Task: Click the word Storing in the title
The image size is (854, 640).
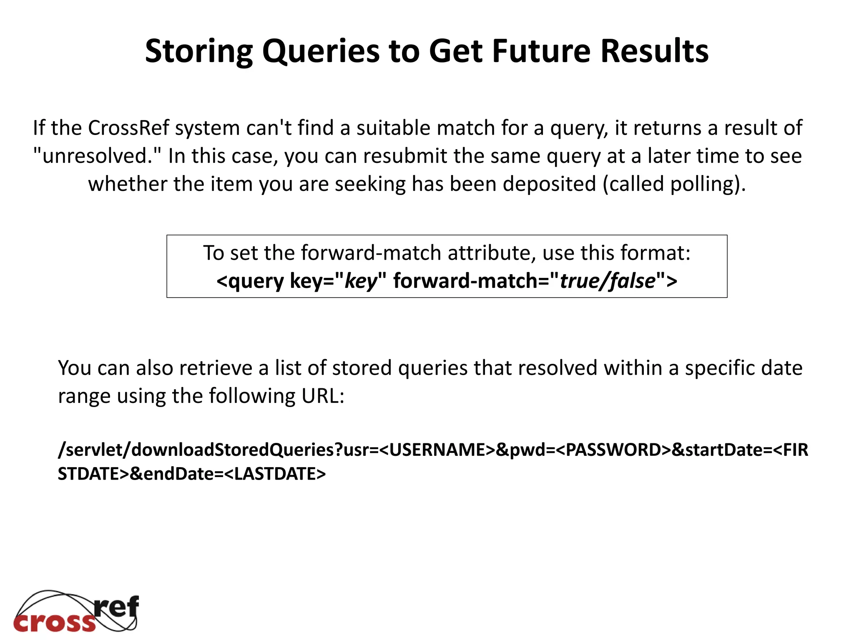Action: pyautogui.click(x=198, y=52)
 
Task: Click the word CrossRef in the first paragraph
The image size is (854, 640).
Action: pyautogui.click(x=128, y=128)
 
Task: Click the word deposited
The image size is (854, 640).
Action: pyautogui.click(x=549, y=184)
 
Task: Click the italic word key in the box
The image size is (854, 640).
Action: pyautogui.click(x=361, y=281)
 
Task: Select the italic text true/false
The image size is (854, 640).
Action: pyautogui.click(x=608, y=281)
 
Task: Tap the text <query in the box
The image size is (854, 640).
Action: pyautogui.click(x=250, y=281)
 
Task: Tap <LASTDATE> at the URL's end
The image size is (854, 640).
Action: pyautogui.click(x=275, y=474)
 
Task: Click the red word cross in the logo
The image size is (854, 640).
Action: pyautogui.click(x=55, y=622)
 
